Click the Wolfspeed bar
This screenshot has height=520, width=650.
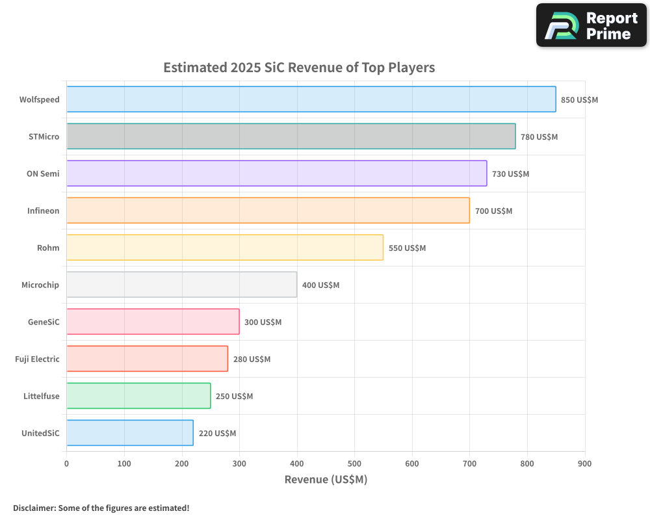[x=311, y=99]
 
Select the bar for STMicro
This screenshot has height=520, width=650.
[x=291, y=136]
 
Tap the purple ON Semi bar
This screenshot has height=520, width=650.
[x=276, y=174]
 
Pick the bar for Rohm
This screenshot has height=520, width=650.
[x=224, y=248]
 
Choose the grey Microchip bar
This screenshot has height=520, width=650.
[x=181, y=285]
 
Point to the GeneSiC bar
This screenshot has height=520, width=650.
[x=153, y=322]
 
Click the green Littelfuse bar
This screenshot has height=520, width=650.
[x=138, y=396]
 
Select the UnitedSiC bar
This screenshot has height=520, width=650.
[x=129, y=433]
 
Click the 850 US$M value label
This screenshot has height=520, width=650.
[x=579, y=100]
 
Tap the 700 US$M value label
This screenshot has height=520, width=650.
[x=493, y=211]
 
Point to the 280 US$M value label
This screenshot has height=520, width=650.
[x=252, y=359]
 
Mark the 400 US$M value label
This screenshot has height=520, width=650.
[x=320, y=285]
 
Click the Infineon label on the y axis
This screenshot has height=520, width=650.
[x=43, y=211]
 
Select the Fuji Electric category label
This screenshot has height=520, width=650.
[x=37, y=359]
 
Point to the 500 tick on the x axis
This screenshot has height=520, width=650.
[x=354, y=463]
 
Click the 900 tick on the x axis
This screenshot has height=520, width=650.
[x=584, y=463]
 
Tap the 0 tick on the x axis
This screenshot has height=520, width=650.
[x=66, y=463]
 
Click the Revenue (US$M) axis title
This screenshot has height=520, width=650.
[x=326, y=480]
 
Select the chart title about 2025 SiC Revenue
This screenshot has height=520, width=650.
[x=299, y=68]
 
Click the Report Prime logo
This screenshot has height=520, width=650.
[x=591, y=25]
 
